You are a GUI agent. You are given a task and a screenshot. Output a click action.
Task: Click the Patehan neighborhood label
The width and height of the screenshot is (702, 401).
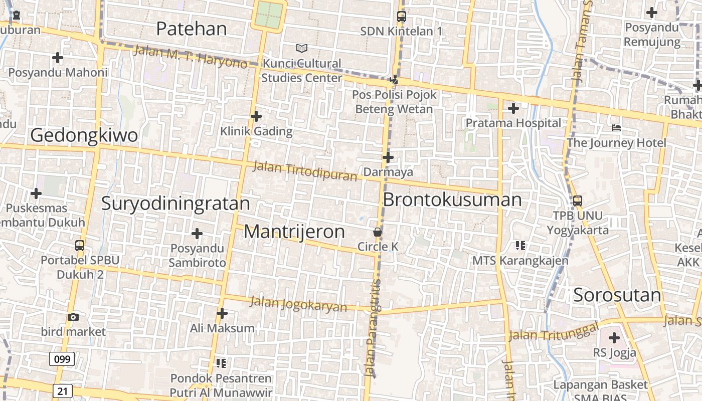192,29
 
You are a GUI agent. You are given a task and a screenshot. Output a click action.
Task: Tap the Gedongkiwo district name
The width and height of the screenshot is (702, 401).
84,135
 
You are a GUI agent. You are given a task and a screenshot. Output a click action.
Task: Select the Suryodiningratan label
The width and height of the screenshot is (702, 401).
175,204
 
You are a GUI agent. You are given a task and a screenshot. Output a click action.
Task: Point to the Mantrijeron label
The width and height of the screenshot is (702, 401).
294,232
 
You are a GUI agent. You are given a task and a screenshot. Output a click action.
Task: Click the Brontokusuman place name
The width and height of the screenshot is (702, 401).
452,199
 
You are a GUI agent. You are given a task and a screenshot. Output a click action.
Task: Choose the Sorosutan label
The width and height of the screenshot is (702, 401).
617,295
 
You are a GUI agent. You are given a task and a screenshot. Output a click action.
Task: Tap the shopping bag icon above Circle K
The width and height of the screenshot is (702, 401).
378,232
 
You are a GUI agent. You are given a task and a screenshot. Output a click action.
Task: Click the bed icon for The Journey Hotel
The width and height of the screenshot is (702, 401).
616,128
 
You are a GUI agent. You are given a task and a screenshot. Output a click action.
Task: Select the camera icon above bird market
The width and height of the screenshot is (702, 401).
73,317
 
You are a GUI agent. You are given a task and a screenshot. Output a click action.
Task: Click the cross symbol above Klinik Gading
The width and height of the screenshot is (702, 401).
256,117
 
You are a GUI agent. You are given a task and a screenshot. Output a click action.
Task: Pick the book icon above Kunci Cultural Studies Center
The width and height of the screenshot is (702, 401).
301,48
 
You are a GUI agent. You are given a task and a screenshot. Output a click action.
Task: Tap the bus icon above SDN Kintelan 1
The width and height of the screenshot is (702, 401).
401,17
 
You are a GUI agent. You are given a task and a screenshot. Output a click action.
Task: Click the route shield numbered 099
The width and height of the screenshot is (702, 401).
62,359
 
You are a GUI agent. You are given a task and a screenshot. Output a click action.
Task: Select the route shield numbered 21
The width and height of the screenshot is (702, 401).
62,391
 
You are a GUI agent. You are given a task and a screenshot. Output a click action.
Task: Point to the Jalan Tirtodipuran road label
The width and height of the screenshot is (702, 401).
305,170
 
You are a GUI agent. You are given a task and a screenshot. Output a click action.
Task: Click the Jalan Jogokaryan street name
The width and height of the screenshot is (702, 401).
298,304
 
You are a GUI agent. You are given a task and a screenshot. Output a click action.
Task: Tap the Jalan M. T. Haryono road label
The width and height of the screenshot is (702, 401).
191,57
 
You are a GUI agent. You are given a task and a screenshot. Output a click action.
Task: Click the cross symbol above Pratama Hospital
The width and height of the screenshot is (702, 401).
513,108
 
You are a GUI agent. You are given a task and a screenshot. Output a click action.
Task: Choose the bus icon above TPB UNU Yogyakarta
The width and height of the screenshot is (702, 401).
578,201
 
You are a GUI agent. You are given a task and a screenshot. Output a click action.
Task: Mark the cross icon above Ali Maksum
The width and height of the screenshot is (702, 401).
222,314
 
